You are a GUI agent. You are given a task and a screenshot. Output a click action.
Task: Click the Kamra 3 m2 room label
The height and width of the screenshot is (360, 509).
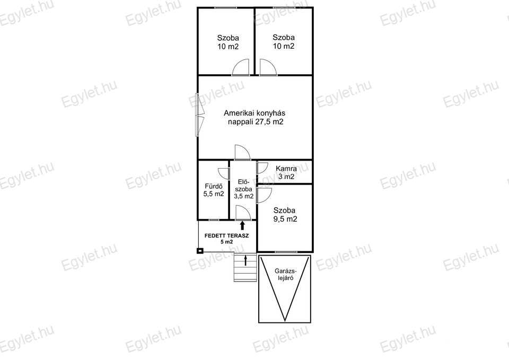point(286,173)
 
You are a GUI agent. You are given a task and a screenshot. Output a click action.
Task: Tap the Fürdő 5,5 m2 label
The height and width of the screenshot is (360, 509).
point(214,190)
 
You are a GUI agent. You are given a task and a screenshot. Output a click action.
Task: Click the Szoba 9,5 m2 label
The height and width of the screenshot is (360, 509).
point(285,215)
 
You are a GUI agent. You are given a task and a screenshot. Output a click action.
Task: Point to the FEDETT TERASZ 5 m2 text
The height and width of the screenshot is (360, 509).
point(226,239)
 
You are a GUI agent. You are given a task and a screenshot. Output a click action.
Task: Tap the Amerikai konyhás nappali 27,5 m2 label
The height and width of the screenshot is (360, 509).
point(255,118)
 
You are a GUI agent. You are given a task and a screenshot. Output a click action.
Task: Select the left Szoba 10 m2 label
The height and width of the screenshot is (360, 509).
point(228,42)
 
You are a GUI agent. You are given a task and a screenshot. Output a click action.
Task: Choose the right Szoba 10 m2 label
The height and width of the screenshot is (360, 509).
point(283,41)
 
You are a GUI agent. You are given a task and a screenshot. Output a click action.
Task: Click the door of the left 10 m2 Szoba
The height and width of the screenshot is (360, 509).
point(241,67)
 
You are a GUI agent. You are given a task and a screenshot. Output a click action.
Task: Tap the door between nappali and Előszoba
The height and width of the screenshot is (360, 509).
point(242,152)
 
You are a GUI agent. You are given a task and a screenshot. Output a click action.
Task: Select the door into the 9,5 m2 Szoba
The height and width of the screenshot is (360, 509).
point(264,195)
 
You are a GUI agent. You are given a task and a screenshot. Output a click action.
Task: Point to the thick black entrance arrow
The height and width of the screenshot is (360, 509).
point(242,225)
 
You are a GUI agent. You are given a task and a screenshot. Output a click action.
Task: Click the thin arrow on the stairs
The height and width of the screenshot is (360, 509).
point(245,260)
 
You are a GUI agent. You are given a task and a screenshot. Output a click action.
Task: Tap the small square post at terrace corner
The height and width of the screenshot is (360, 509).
point(200,251)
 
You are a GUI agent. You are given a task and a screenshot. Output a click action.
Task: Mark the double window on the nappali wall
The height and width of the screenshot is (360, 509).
point(199,115)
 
